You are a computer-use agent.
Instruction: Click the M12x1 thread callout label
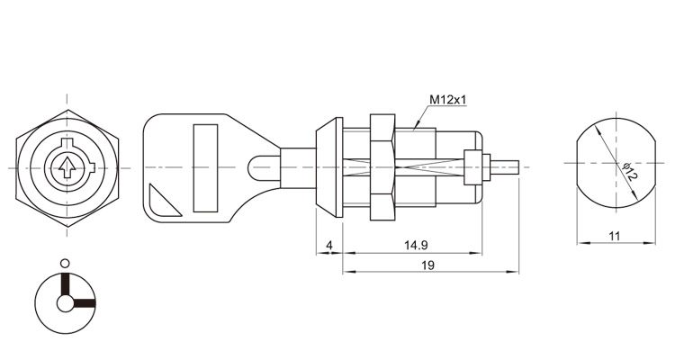tap(448, 100)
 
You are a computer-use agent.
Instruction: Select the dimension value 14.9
tap(416, 246)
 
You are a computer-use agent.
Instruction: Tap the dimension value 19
tap(427, 265)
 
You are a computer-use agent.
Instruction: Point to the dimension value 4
tap(329, 246)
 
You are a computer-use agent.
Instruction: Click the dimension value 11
tap(615, 236)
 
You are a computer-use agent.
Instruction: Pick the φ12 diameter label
tap(630, 172)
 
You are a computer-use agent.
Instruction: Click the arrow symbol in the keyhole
tap(66, 168)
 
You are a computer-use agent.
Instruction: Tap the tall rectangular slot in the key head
tap(205, 168)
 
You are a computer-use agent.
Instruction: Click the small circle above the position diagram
tap(65, 263)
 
